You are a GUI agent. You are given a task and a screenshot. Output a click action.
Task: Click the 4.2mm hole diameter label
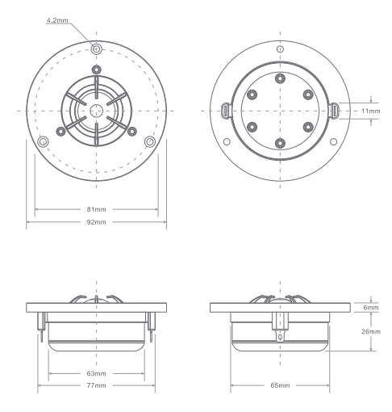[57, 20]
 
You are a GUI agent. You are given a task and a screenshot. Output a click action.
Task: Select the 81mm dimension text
[96, 209]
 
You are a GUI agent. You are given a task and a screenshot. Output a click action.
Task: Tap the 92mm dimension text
[96, 222]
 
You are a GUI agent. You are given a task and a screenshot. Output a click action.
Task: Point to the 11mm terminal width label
[371, 111]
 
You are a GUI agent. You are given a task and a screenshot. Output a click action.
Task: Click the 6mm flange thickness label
[371, 308]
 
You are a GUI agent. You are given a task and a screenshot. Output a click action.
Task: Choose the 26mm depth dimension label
[371, 331]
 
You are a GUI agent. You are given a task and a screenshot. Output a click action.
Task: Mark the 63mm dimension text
[96, 373]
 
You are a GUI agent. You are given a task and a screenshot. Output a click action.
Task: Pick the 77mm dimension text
[96, 385]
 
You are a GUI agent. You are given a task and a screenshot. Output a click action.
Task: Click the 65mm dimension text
[280, 385]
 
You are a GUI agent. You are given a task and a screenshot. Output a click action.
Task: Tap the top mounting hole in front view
[96, 49]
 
